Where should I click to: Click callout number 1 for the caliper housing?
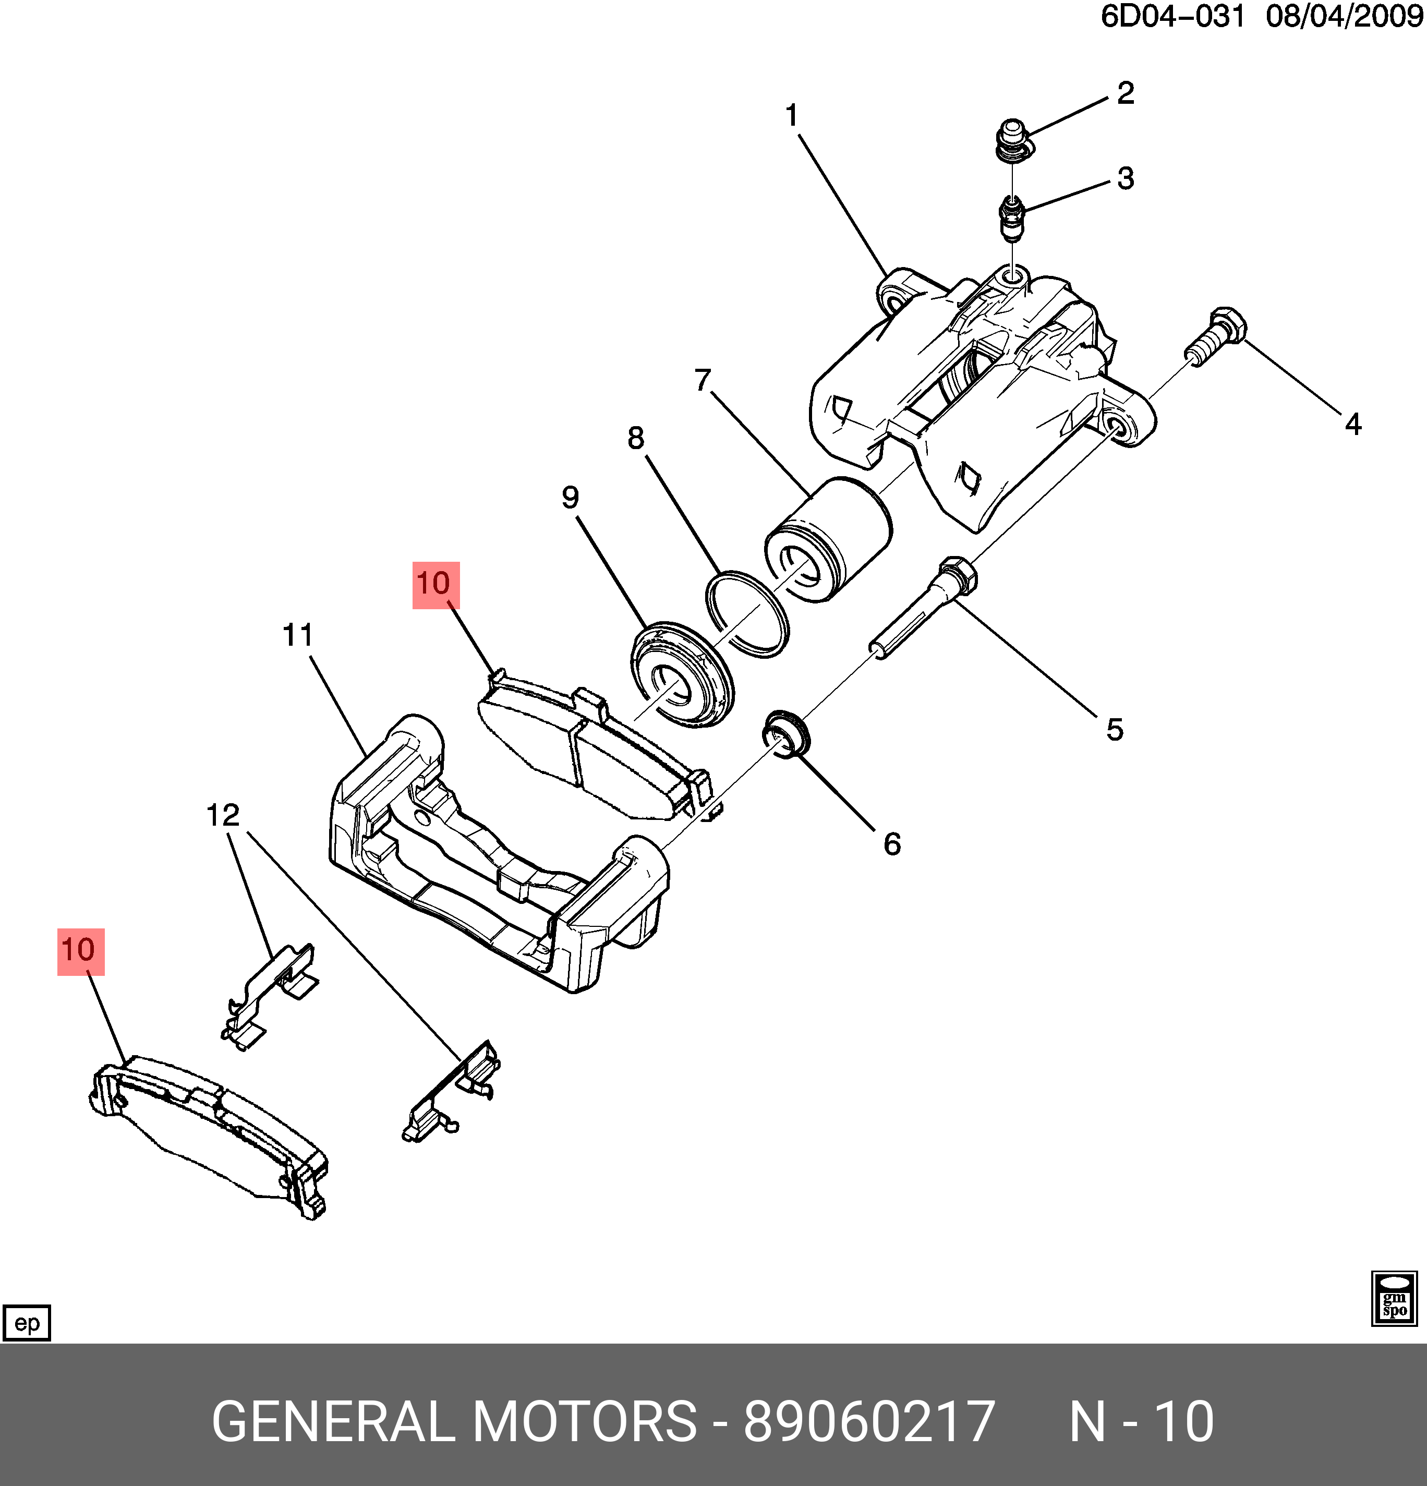(x=792, y=116)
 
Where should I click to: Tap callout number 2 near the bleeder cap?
(x=1125, y=93)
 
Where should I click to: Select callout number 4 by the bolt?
(x=1353, y=424)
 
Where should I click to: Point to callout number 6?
(x=892, y=844)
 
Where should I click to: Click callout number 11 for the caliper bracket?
(x=297, y=635)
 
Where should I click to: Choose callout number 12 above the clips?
(x=223, y=815)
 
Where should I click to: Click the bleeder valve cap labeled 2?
(x=1011, y=139)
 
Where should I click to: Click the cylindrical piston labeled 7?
(x=828, y=540)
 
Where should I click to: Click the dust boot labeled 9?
(x=682, y=675)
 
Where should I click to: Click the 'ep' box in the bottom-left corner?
(x=27, y=1323)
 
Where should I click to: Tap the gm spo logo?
(x=1394, y=1299)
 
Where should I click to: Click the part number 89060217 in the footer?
(x=868, y=1421)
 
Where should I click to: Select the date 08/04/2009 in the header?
(x=1344, y=17)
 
